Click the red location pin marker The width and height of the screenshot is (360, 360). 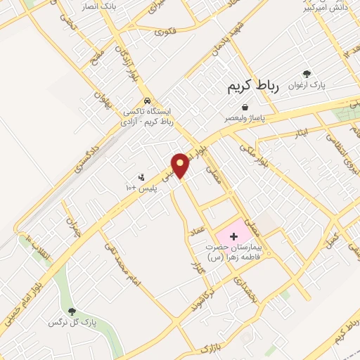[181, 165]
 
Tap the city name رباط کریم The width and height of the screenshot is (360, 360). [253, 86]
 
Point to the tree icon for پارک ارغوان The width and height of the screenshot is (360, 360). [306, 73]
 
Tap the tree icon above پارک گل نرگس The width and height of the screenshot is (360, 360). [71, 310]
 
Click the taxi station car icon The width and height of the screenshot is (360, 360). [146, 100]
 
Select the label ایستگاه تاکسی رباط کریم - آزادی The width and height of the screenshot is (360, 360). [146, 117]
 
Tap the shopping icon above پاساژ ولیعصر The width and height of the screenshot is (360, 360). [244, 106]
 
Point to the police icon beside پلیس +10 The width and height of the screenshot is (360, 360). [141, 177]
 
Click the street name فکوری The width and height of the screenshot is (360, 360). [166, 32]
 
